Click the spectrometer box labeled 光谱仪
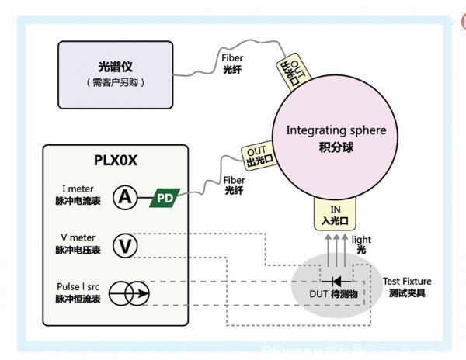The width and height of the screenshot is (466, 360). point(116,74)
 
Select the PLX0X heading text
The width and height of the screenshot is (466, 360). point(116,161)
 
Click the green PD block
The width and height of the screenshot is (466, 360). point(165,199)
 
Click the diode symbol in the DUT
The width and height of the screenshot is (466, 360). point(336,281)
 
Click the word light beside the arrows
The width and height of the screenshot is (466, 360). point(361,241)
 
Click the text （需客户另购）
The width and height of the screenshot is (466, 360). point(116,82)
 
